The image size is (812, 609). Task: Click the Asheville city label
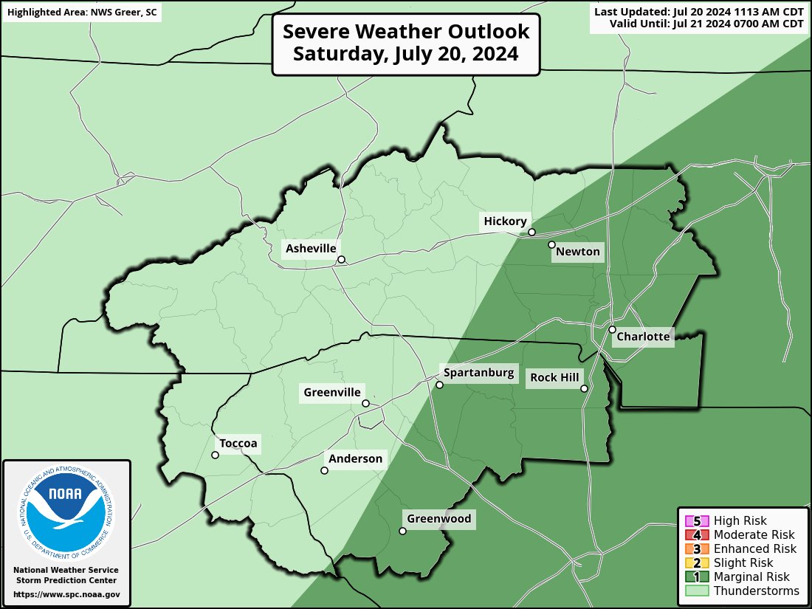(x=311, y=249)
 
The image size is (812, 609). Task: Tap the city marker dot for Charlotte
(x=612, y=329)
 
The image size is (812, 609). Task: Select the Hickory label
(x=505, y=221)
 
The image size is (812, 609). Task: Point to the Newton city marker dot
(x=551, y=244)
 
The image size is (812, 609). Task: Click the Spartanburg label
(x=478, y=373)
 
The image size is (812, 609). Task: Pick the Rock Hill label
(x=554, y=378)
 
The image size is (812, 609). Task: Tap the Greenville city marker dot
(x=365, y=403)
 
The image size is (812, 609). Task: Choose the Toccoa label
(x=238, y=444)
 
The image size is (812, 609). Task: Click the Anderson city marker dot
(x=324, y=470)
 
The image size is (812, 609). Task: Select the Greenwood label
(x=438, y=519)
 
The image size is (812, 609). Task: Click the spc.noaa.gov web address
(x=66, y=594)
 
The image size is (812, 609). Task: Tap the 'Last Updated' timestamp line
(x=698, y=11)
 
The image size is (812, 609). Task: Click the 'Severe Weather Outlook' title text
(x=406, y=32)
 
